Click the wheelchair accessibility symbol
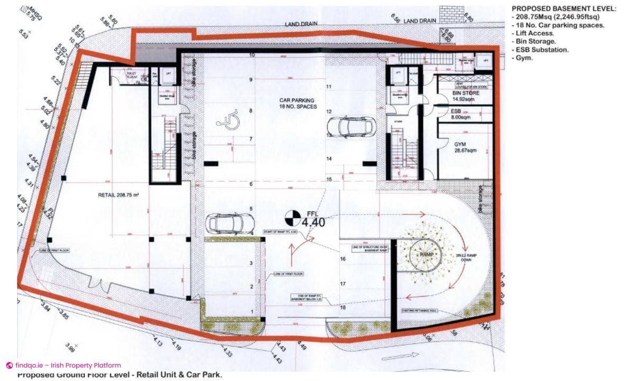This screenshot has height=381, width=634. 228,122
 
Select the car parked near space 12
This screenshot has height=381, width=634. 351,126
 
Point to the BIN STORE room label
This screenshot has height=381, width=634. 465,93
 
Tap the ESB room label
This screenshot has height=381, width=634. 456,111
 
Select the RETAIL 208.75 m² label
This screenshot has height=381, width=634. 118,195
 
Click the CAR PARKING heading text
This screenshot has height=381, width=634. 297,100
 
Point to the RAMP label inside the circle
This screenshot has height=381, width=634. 426,255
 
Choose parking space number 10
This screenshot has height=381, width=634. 252,54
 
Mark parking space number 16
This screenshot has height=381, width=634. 343,259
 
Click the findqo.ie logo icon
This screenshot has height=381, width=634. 9,365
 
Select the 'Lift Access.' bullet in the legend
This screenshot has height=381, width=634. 533,33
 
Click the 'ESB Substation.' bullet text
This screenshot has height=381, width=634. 540,50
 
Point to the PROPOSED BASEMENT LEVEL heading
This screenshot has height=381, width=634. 564,9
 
